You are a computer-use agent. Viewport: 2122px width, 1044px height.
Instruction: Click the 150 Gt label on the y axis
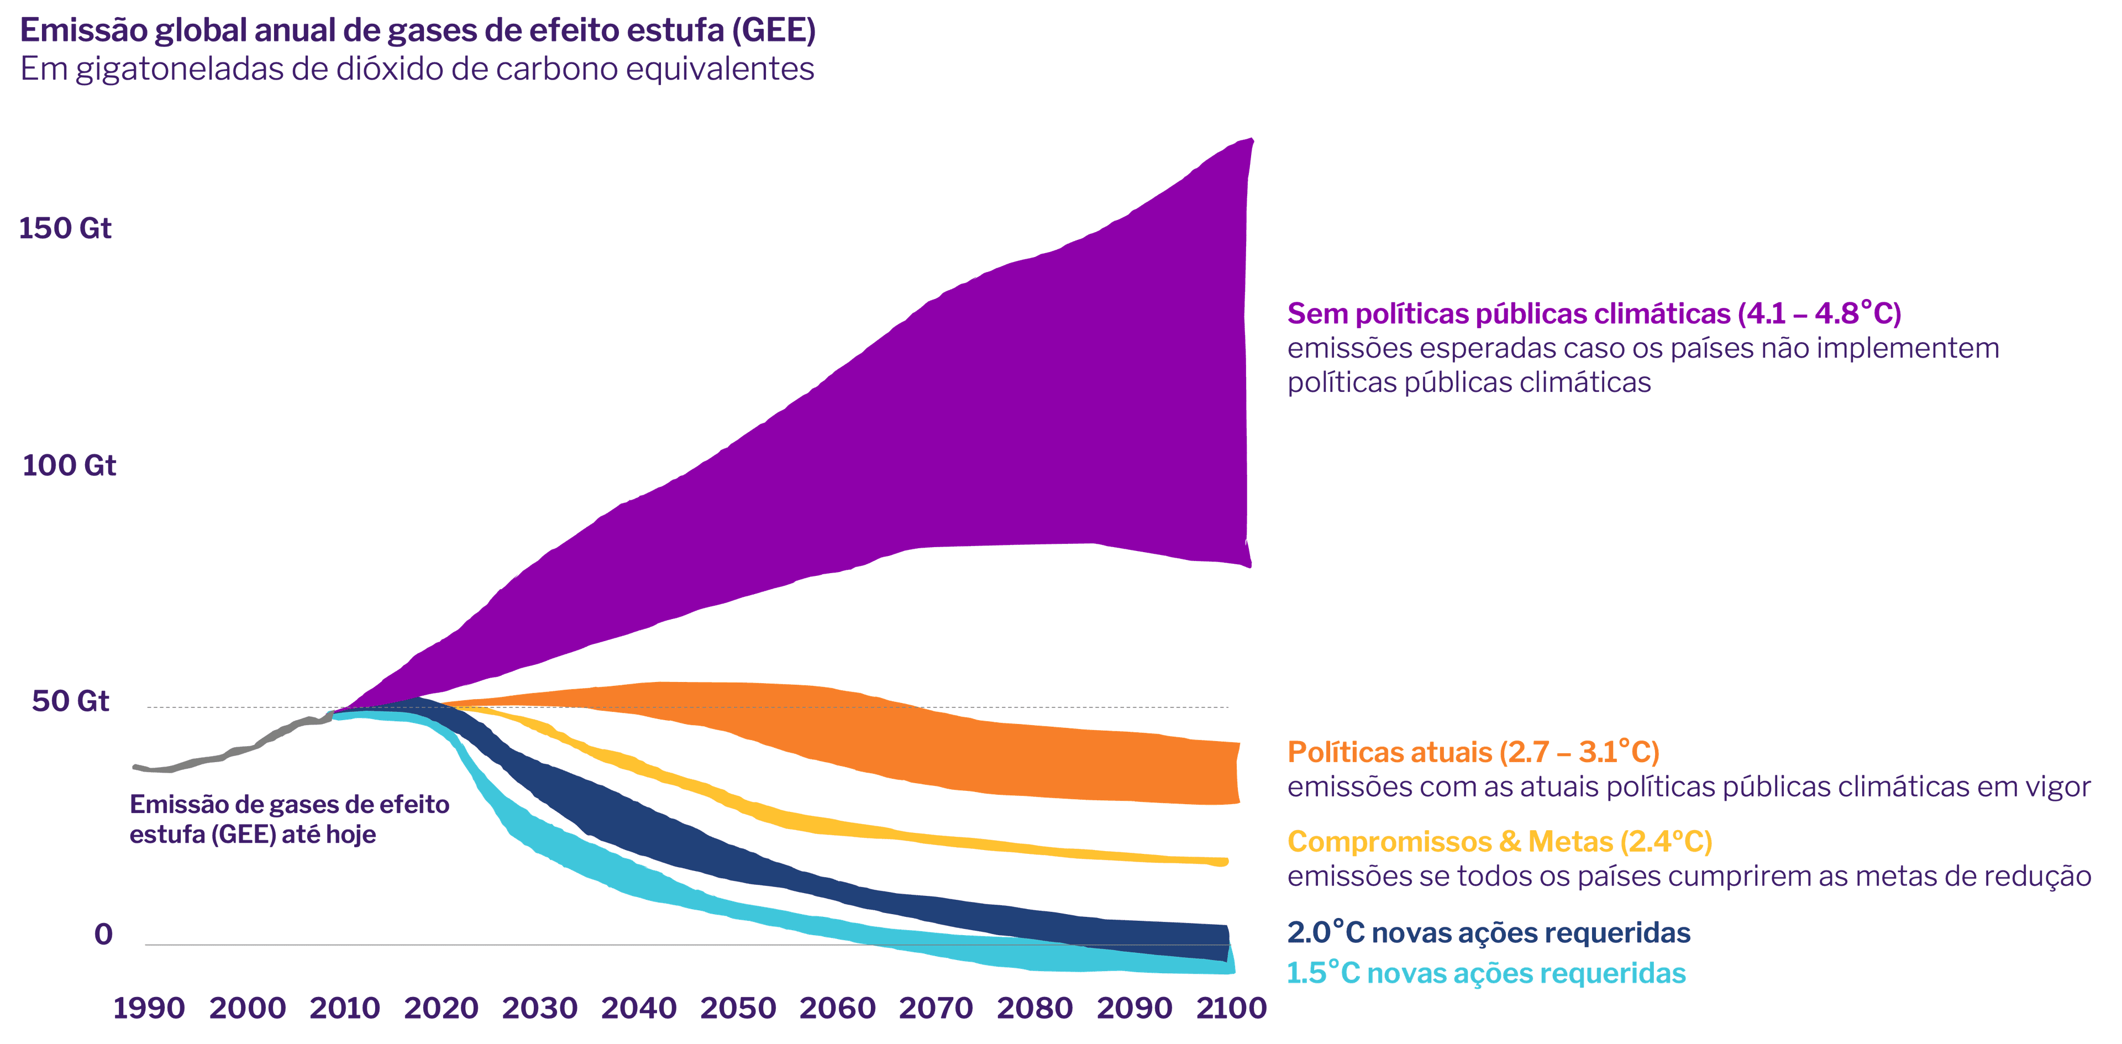65,228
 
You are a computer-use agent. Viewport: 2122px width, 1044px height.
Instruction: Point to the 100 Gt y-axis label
69,465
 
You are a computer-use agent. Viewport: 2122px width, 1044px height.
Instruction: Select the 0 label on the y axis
103,935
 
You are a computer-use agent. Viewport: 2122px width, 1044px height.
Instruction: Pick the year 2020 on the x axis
441,1008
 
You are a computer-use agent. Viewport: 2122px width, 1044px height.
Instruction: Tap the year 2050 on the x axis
738,1008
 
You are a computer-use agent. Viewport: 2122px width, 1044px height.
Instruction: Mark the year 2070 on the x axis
936,1008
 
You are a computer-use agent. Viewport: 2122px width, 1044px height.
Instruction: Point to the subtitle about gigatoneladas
417,69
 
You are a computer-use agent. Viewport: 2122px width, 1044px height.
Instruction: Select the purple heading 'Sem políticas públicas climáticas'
1594,314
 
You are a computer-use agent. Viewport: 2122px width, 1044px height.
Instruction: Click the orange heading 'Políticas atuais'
1473,752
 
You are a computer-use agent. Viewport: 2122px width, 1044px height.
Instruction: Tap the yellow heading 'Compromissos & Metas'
1499,841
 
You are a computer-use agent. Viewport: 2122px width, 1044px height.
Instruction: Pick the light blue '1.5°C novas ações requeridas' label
1486,973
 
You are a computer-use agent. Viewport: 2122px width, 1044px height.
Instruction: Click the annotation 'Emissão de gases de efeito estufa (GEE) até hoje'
289,819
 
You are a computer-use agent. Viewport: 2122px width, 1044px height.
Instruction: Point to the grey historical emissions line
239,751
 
